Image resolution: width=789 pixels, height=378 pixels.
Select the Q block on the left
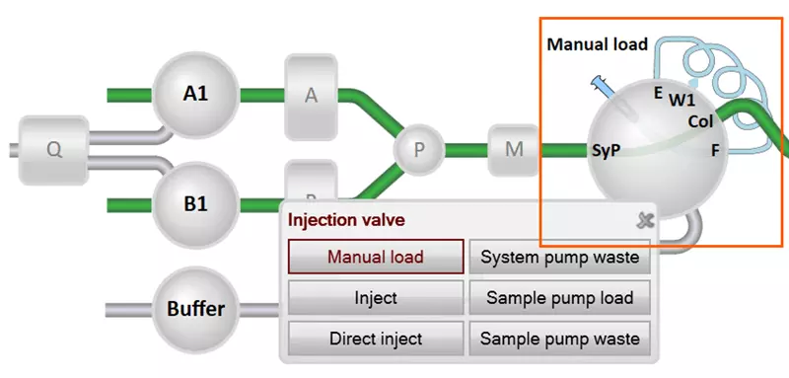pos(54,150)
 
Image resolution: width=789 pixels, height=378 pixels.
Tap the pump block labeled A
pos(312,96)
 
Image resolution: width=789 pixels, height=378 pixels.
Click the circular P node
pos(419,150)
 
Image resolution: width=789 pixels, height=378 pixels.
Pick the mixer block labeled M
pos(514,150)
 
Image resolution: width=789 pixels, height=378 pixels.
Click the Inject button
pos(376,297)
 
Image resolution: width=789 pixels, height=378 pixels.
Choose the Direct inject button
pos(376,339)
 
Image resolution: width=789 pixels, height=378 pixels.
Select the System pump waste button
pos(560,257)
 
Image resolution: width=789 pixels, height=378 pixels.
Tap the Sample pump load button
pos(560,297)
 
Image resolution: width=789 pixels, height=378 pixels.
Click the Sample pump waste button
pos(560,339)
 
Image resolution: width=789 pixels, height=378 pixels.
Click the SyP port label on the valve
pos(606,152)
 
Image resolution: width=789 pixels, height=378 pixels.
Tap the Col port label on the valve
pos(700,121)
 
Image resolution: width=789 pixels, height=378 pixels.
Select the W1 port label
pos(682,100)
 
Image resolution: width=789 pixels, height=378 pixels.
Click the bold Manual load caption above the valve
pos(597,44)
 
